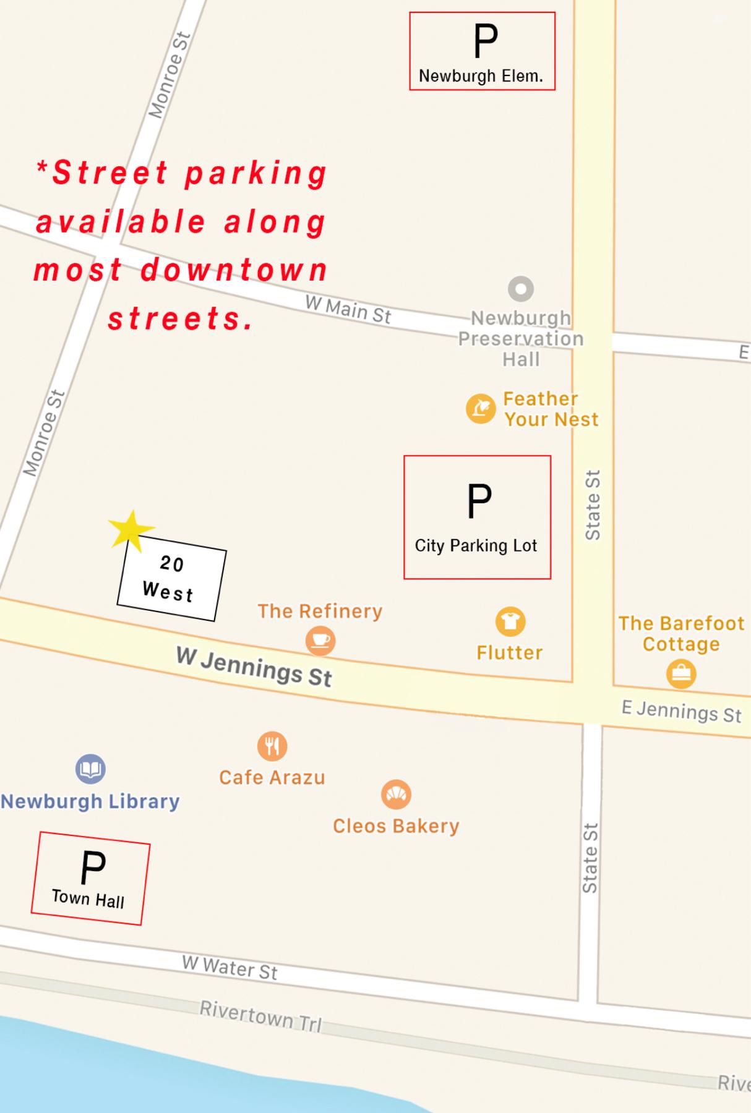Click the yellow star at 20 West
point(130,530)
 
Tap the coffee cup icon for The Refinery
point(320,640)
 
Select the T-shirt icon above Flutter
point(510,621)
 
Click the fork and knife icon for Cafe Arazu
point(272,746)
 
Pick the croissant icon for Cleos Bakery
point(396,795)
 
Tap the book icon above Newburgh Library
point(90,769)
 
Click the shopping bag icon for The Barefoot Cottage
point(681,673)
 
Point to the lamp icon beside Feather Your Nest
point(481,409)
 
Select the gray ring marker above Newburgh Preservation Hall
point(521,289)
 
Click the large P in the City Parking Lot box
point(479,501)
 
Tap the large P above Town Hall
point(93,868)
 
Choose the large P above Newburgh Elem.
point(485,41)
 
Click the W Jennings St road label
point(254,667)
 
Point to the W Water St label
point(230,967)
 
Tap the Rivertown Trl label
point(260,1016)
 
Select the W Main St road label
point(348,310)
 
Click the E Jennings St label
point(681,710)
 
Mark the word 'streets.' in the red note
point(181,318)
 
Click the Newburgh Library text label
point(90,801)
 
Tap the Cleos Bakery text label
point(396,826)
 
